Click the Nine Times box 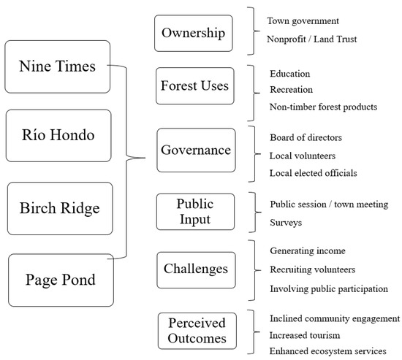click(x=58, y=66)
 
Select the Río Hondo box click(x=58, y=135)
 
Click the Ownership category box click(x=194, y=34)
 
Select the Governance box click(x=195, y=150)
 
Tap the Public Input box click(x=195, y=211)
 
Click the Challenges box click(x=195, y=269)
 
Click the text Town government click(x=303, y=22)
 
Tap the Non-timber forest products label click(x=323, y=107)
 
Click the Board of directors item click(x=306, y=137)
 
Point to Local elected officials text click(x=314, y=173)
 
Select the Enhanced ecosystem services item click(x=327, y=352)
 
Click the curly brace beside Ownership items click(x=253, y=31)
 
